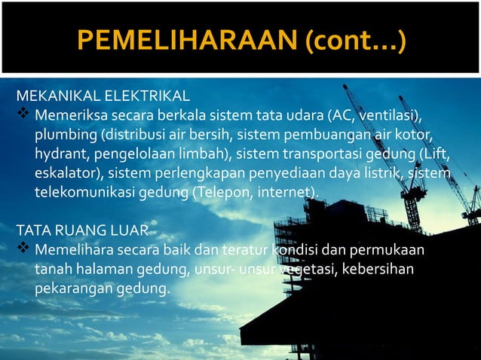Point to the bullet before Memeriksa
pos(23,116)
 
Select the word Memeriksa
pos(72,117)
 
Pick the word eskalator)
pos(68,174)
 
